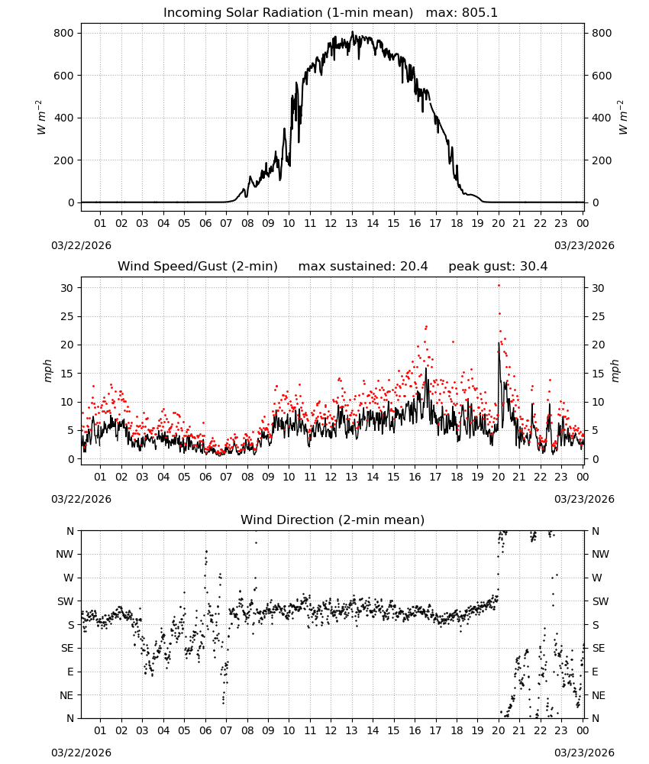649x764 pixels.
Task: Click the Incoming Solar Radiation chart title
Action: [x=288, y=13]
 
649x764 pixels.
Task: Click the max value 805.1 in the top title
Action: [x=479, y=13]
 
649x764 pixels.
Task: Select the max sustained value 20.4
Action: [x=414, y=267]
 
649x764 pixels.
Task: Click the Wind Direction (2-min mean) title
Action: [x=333, y=520]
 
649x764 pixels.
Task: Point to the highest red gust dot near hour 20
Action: [x=499, y=286]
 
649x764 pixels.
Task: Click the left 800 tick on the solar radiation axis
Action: [x=64, y=33]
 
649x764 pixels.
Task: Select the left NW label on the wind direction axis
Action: [x=65, y=554]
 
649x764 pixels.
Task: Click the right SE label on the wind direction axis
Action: [x=599, y=648]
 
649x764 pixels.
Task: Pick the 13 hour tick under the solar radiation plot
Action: [x=351, y=223]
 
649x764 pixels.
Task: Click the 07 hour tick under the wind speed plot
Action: [x=226, y=477]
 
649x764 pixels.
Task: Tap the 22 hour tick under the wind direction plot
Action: [x=540, y=730]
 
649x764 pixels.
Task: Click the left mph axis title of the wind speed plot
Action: [x=47, y=371]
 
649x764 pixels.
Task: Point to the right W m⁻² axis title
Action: [x=623, y=118]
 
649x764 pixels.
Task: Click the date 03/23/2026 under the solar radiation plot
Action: [x=584, y=245]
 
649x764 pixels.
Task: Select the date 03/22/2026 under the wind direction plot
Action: [x=81, y=753]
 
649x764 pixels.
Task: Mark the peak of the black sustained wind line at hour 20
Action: [x=499, y=342]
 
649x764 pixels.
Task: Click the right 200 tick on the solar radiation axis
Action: [x=602, y=160]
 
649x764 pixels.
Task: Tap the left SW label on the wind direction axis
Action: [x=66, y=601]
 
